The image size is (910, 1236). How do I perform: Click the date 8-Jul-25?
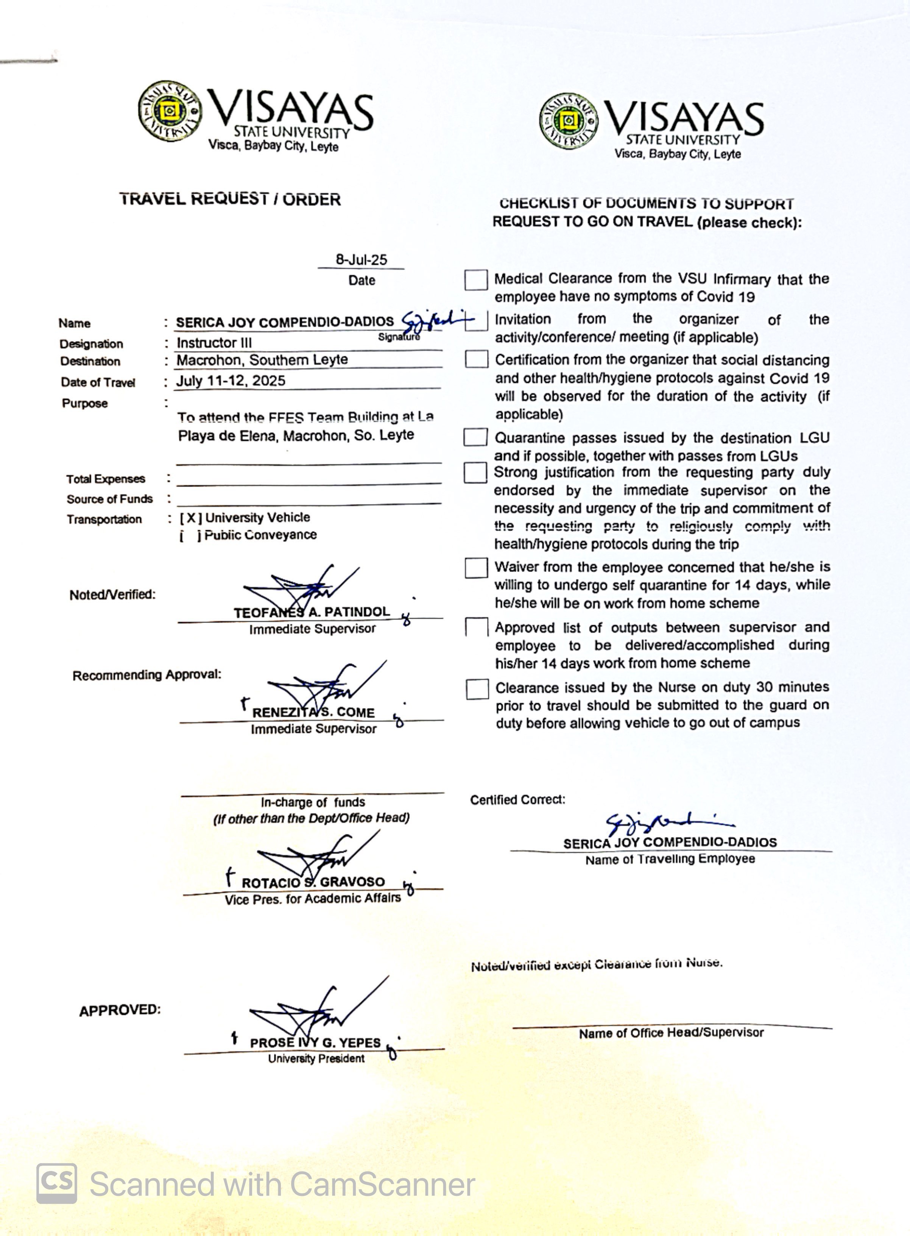[362, 259]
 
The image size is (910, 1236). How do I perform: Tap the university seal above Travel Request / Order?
[170, 111]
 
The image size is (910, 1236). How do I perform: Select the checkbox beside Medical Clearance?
[475, 280]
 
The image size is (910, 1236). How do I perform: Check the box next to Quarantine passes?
[475, 437]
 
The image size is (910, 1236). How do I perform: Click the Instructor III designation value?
[214, 343]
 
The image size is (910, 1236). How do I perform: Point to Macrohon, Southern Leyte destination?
[262, 360]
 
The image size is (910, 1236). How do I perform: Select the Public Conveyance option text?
[260, 535]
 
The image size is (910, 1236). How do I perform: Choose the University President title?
[316, 1058]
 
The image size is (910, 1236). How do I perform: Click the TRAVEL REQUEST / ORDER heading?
[230, 199]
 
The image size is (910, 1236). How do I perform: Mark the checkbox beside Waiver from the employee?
[476, 568]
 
